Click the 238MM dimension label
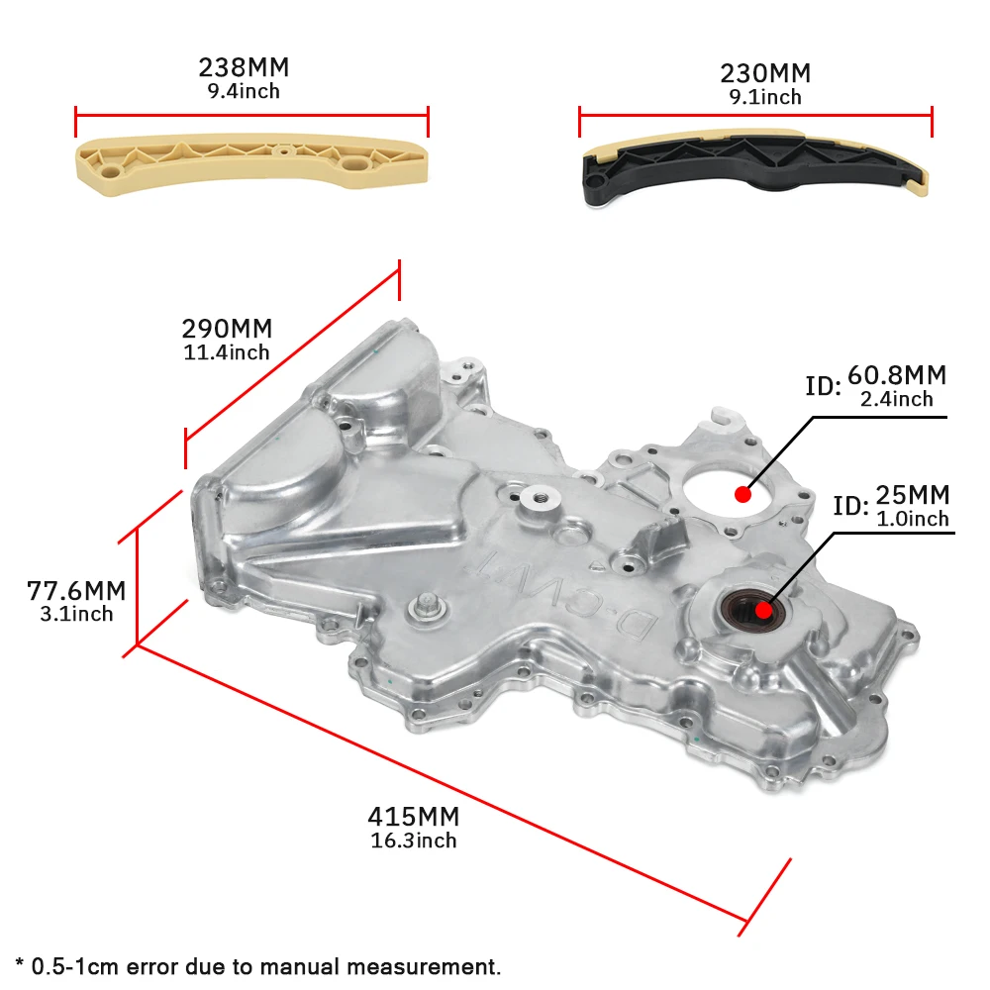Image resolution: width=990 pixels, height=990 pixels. pos(244,68)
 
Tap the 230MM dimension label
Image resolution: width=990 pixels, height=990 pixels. pos(765,73)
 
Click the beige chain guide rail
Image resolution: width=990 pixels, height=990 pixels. pos(252,163)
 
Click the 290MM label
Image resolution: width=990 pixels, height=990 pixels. pos(227,329)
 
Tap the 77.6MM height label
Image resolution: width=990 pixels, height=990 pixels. pos(76,591)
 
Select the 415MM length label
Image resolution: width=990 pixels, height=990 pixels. pos(414,817)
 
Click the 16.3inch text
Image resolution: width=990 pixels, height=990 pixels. pos(413,841)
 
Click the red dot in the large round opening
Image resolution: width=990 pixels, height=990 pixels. pos(742,492)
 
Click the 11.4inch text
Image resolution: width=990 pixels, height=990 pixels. pos(226,352)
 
